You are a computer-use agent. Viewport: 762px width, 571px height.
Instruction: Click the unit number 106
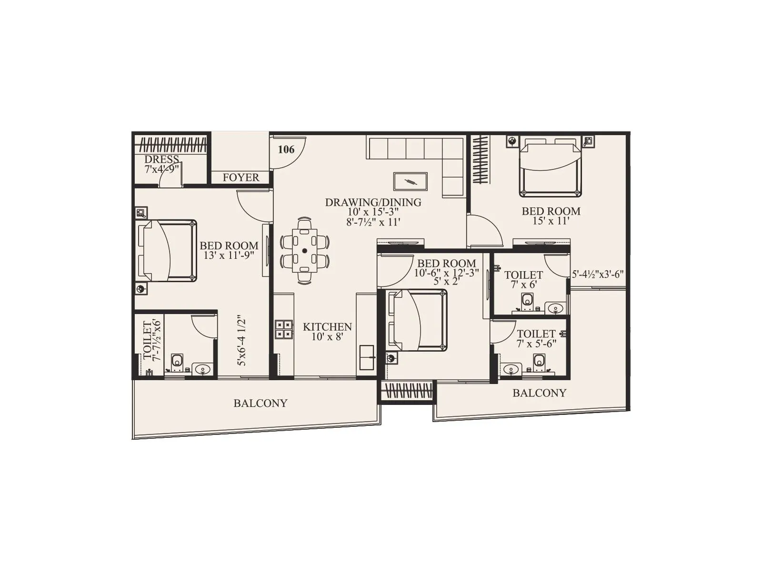coord(286,149)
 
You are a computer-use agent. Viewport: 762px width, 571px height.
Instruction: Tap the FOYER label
coord(241,177)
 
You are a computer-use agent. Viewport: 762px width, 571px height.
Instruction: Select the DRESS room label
coord(162,159)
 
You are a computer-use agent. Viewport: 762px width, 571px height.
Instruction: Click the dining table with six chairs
coord(305,251)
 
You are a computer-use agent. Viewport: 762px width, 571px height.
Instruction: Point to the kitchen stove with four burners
coord(284,329)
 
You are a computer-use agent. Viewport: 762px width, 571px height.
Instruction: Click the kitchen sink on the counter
coord(367,357)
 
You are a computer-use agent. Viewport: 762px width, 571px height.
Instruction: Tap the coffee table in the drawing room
coord(410,181)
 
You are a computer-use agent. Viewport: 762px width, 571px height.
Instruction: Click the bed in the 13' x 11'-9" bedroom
coord(167,250)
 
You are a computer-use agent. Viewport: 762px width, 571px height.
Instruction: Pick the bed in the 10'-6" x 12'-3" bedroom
coord(418,320)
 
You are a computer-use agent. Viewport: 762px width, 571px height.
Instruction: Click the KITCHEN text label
coord(327,327)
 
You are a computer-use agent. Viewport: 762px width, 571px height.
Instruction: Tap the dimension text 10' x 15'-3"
coord(373,212)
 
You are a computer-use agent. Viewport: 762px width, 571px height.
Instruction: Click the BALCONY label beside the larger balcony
coord(260,404)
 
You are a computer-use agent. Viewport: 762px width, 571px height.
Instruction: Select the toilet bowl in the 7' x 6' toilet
coord(527,300)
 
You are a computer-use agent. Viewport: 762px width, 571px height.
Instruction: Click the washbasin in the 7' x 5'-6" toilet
coord(510,368)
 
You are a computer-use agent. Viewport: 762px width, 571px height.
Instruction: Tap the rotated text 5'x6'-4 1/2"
coord(242,338)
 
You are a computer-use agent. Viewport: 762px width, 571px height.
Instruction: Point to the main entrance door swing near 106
coord(288,152)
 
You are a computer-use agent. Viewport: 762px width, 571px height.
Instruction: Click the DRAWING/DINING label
coord(373,202)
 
